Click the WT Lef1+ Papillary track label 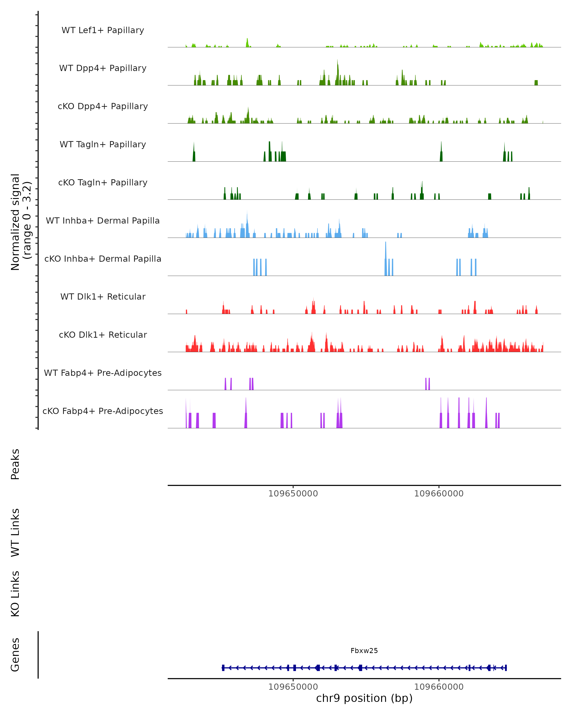click(103, 30)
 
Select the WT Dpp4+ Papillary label click(103, 68)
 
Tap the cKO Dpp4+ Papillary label click(103, 107)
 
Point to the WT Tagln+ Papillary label click(103, 145)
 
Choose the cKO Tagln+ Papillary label click(103, 183)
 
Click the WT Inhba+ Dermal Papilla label click(103, 221)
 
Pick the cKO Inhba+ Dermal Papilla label click(103, 259)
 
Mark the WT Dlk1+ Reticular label click(103, 297)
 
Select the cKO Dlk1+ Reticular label click(103, 335)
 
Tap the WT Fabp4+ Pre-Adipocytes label click(103, 373)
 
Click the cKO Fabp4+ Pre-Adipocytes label click(103, 411)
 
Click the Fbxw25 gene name click(364, 651)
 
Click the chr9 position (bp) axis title click(364, 698)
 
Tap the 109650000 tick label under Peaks click(293, 494)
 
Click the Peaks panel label click(15, 464)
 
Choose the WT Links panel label click(15, 533)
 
